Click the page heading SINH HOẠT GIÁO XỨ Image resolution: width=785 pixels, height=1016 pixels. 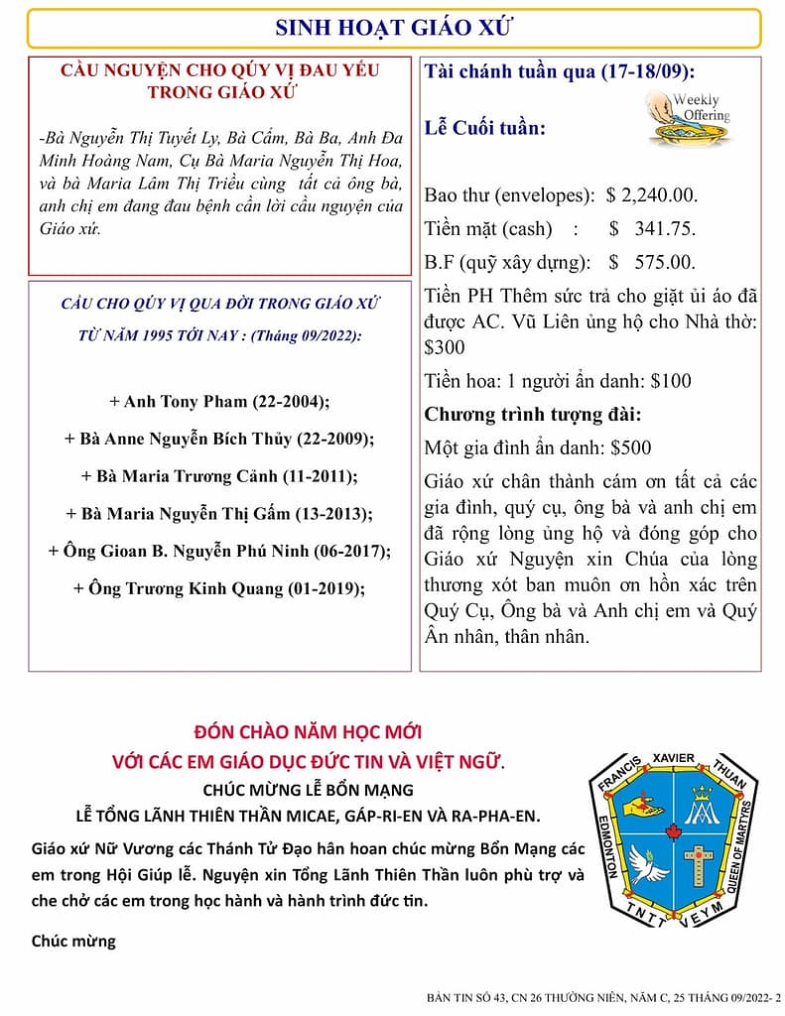(x=393, y=27)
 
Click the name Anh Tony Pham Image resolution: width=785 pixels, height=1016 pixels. (x=164, y=402)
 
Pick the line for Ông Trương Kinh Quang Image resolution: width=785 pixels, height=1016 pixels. (x=219, y=588)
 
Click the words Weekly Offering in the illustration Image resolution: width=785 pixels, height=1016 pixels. (x=703, y=108)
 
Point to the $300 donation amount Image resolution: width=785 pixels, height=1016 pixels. (x=444, y=348)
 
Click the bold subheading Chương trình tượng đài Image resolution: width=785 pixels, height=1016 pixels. (x=533, y=414)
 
